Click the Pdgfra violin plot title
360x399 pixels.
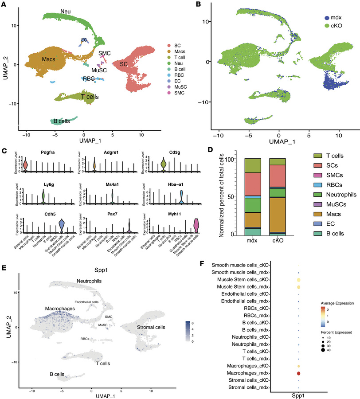32,152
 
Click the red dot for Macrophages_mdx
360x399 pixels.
299,374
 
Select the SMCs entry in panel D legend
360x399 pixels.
310,175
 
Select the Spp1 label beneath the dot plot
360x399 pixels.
299,393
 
